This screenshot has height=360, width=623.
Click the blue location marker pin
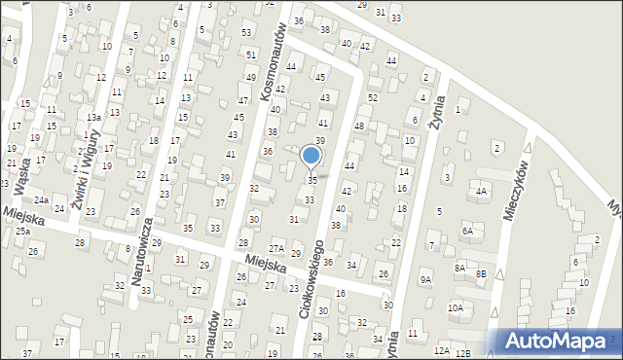(x=311, y=156)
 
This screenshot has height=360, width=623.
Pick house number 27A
(x=276, y=248)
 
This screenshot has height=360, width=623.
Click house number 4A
(x=481, y=192)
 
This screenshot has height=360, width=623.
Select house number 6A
(x=467, y=231)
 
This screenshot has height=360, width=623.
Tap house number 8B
(x=481, y=274)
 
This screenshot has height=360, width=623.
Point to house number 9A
(x=425, y=280)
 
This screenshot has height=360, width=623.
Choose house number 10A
(x=455, y=307)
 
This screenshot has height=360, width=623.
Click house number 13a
(x=92, y=117)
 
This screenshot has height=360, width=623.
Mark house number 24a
(x=42, y=199)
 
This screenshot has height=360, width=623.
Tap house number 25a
(x=21, y=232)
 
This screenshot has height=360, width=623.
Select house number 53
(x=246, y=33)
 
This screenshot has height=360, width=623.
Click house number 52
(x=373, y=98)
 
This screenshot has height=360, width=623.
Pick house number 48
(x=358, y=126)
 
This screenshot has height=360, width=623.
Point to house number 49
(x=250, y=78)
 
